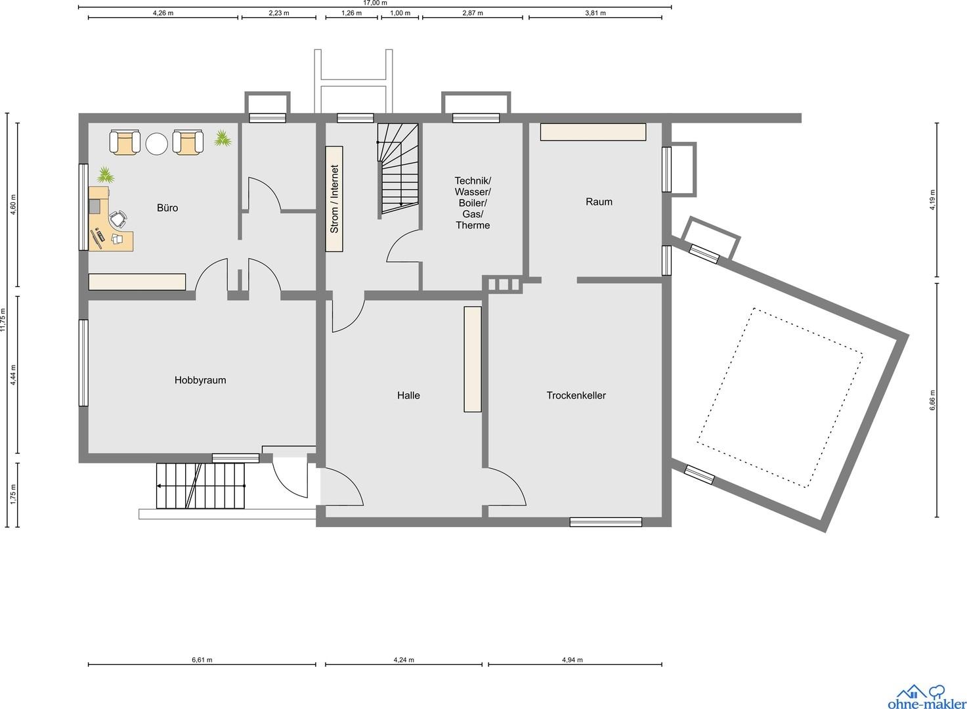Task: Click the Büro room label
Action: [x=167, y=207]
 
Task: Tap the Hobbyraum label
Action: [x=200, y=380]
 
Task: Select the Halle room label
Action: [x=408, y=395]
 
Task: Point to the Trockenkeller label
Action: [x=576, y=395]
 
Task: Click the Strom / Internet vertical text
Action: [x=334, y=199]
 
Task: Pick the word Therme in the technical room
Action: [x=473, y=225]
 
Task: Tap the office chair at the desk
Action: [x=119, y=219]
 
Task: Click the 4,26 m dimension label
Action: [x=163, y=13]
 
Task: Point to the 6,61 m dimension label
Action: [x=202, y=660]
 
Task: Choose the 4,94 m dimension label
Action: [x=572, y=660]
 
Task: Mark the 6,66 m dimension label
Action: [x=933, y=400]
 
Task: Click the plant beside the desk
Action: [x=105, y=175]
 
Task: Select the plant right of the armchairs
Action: [x=223, y=138]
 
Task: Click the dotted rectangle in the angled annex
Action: [x=780, y=398]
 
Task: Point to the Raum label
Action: [x=599, y=202]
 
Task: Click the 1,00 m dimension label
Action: [x=400, y=13]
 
